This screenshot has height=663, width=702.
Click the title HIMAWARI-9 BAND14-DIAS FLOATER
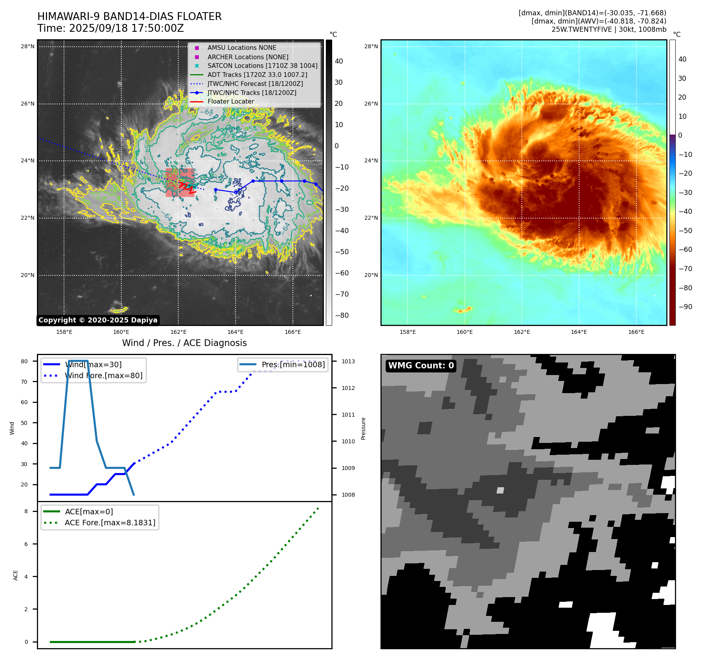[x=129, y=16]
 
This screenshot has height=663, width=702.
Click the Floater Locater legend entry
[x=230, y=102]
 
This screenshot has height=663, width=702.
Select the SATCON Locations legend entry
[x=262, y=66]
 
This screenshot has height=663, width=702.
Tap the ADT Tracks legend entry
[x=257, y=75]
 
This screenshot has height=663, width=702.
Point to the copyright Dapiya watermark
[x=98, y=320]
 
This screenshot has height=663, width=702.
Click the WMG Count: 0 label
[x=421, y=366]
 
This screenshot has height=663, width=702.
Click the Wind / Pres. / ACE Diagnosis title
[x=184, y=343]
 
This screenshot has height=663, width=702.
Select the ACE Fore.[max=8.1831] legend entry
[x=110, y=523]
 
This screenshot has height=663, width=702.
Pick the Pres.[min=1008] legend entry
[x=293, y=365]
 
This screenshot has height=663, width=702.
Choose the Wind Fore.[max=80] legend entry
[x=104, y=376]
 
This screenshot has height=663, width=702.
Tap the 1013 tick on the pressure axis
[x=348, y=361]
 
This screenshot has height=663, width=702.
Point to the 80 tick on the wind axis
[x=24, y=361]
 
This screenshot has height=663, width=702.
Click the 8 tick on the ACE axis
[x=26, y=511]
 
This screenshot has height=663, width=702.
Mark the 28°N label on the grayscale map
[x=27, y=46]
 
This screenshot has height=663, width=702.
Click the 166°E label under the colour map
[x=636, y=332]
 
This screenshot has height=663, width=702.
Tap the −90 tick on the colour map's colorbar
[x=685, y=307]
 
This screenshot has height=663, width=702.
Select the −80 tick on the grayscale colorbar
[x=342, y=315]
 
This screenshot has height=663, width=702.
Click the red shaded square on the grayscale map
[x=180, y=182]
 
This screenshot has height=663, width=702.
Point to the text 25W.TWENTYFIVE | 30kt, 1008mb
[x=609, y=29]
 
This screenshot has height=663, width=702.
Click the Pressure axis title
[x=364, y=428]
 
